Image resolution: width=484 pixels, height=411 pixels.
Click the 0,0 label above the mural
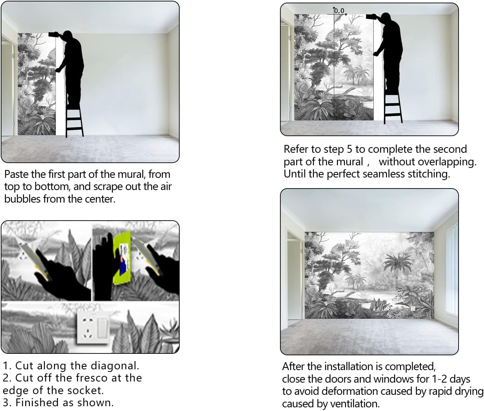tap(339, 11)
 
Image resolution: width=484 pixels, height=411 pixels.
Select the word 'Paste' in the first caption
tap(16, 175)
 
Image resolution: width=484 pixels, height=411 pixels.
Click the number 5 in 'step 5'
tap(349, 149)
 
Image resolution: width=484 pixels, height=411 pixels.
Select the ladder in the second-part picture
tap(393, 106)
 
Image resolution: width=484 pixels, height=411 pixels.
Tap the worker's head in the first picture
tap(68, 35)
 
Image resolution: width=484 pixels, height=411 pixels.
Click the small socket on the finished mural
tap(413, 309)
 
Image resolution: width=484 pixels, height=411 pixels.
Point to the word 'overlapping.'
tap(428, 162)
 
